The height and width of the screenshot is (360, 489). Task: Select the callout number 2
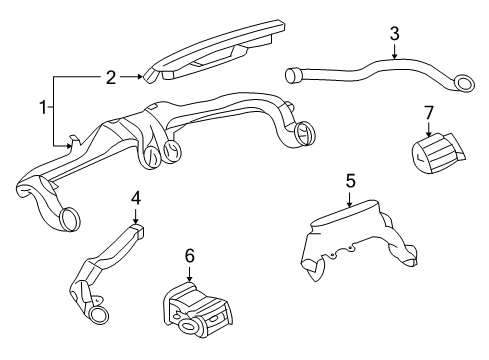[111, 74]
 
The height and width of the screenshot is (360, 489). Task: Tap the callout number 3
[394, 35]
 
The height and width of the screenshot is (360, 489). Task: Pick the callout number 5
[351, 181]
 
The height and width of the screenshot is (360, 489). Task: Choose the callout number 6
[188, 256]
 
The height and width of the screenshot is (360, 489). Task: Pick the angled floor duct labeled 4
[110, 264]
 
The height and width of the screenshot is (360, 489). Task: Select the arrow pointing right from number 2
[140, 74]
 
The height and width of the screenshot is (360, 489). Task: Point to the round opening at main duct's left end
[71, 215]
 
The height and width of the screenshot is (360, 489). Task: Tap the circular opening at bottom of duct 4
[99, 316]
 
